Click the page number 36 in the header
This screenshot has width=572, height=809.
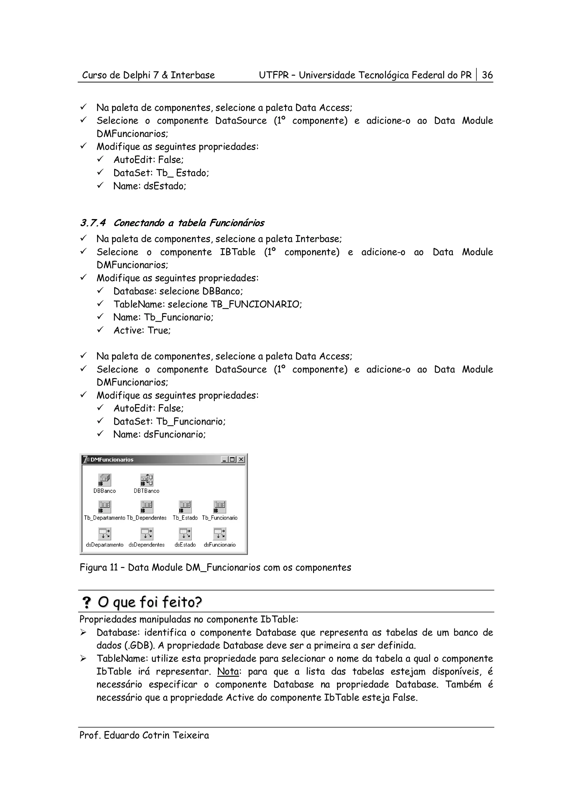[487, 75]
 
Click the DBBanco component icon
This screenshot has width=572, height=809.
[104, 480]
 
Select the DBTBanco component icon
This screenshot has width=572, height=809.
[147, 480]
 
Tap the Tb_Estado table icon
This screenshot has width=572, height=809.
[185, 507]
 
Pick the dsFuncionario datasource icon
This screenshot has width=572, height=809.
[220, 533]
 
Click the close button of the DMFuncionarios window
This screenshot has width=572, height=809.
[241, 459]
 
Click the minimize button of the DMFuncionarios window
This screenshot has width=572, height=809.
[225, 459]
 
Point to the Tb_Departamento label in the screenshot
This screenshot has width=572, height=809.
[104, 518]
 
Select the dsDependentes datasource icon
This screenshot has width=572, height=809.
[147, 533]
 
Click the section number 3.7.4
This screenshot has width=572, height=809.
[93, 223]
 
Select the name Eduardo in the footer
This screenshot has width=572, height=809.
[122, 735]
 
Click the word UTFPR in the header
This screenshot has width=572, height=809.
[273, 75]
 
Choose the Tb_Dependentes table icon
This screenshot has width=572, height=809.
[147, 507]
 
